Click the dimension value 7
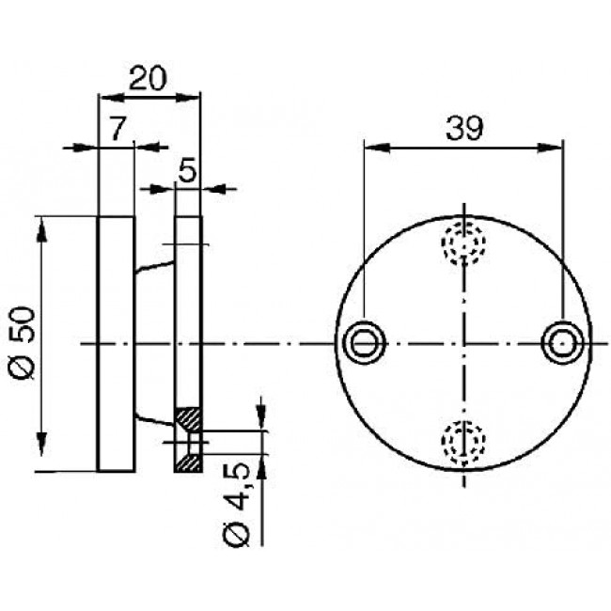[116, 130]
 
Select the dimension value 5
[187, 172]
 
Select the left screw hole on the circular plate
[364, 343]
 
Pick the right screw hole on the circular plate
[562, 343]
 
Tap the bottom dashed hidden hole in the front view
[463, 442]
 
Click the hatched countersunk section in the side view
[188, 439]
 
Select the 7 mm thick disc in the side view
[117, 343]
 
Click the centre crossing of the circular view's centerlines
[463, 343]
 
